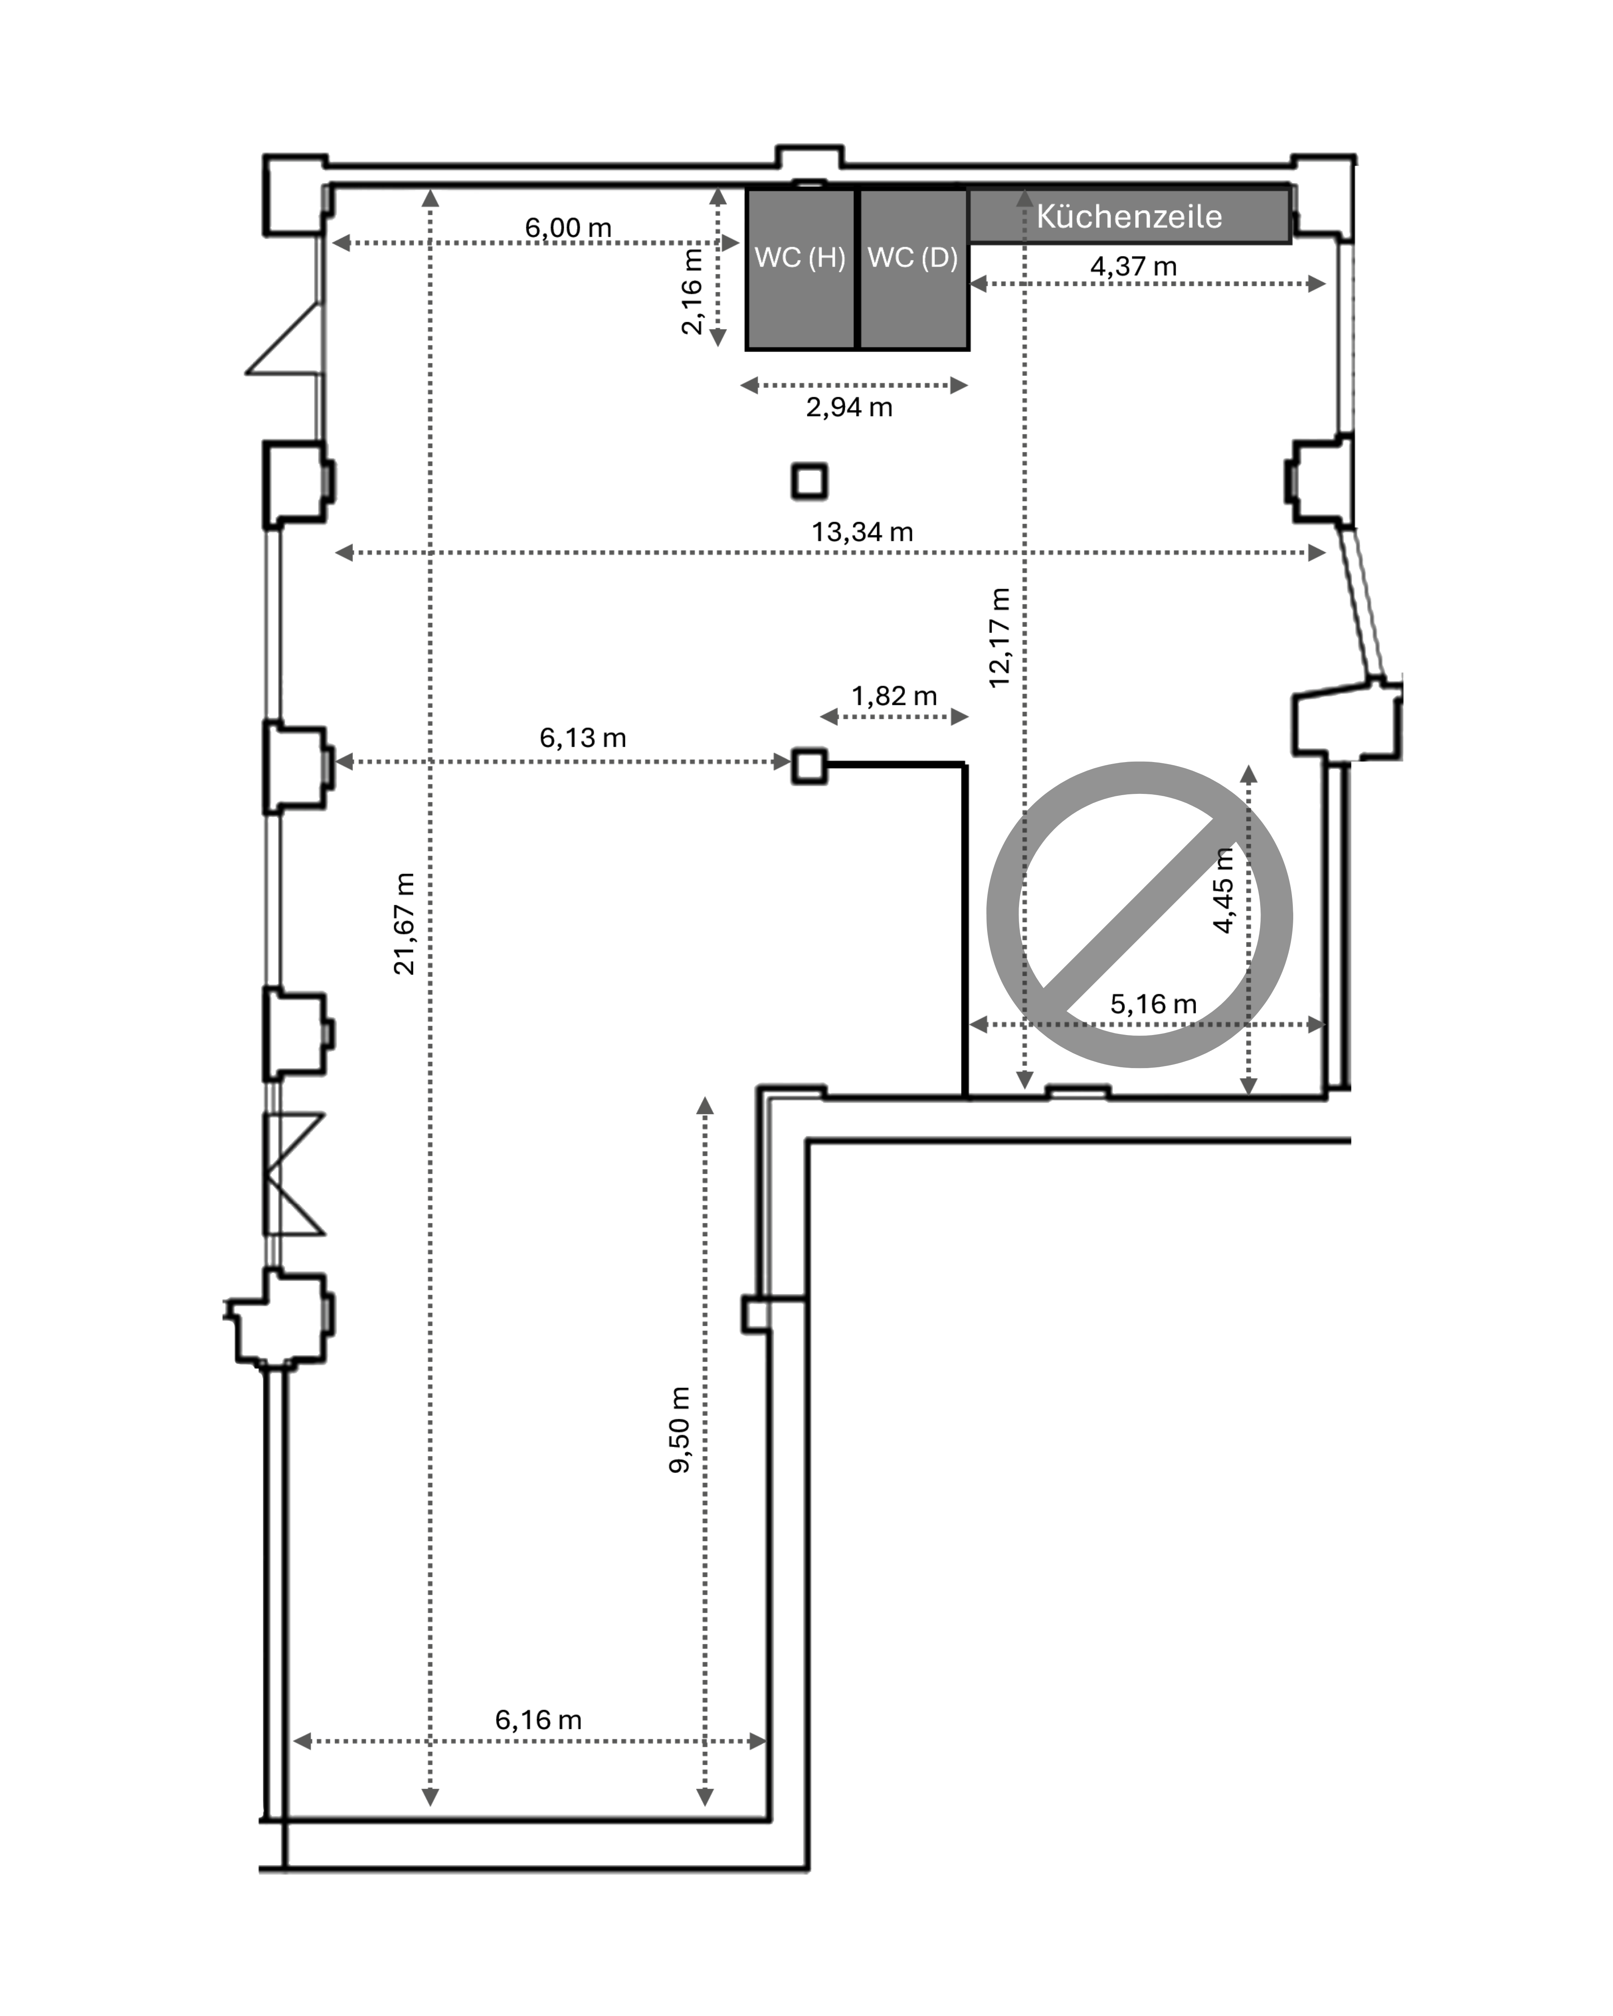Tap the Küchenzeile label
click(x=1129, y=216)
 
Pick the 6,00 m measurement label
click(x=568, y=227)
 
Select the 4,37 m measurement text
click(x=1133, y=267)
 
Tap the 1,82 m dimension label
click(x=894, y=696)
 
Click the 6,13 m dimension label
click(x=583, y=738)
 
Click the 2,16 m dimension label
click(x=692, y=291)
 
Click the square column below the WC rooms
click(x=810, y=481)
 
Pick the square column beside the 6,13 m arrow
click(x=810, y=766)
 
